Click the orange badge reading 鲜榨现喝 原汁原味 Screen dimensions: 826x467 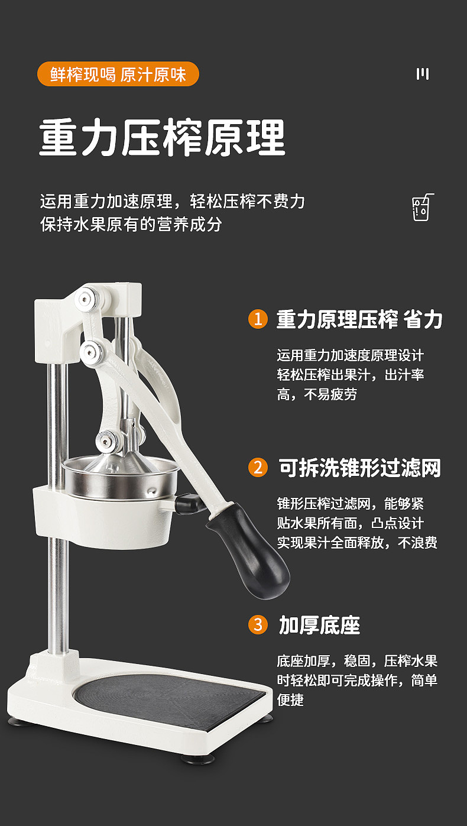click(x=118, y=74)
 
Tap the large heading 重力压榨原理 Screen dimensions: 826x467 click(x=163, y=138)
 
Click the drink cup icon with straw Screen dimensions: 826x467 click(x=421, y=208)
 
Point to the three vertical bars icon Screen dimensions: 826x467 click(x=422, y=74)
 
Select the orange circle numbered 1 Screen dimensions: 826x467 click(x=258, y=319)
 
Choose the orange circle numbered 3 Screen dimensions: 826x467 click(x=258, y=624)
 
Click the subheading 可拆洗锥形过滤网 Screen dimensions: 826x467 click(x=359, y=468)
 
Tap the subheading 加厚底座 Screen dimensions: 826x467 click(x=319, y=625)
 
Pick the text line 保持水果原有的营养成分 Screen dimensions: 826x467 click(x=131, y=225)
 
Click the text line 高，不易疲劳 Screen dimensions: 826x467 click(x=317, y=394)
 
